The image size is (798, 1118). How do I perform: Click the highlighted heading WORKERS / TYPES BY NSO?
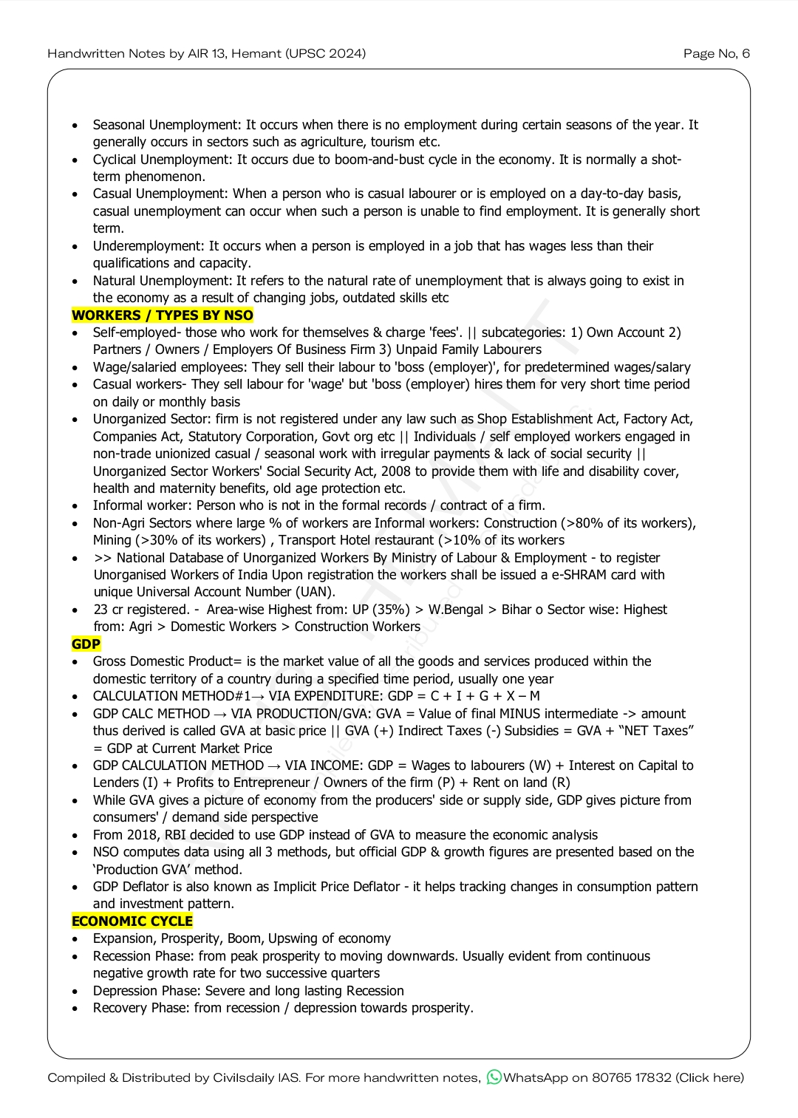[x=163, y=316]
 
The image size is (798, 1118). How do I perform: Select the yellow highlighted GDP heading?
[x=86, y=644]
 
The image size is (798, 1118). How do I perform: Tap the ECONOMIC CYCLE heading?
[x=132, y=921]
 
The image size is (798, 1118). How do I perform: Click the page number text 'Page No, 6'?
[x=716, y=53]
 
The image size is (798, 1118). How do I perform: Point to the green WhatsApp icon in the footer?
[x=494, y=1077]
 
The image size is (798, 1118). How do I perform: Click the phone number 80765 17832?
[x=632, y=1077]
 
